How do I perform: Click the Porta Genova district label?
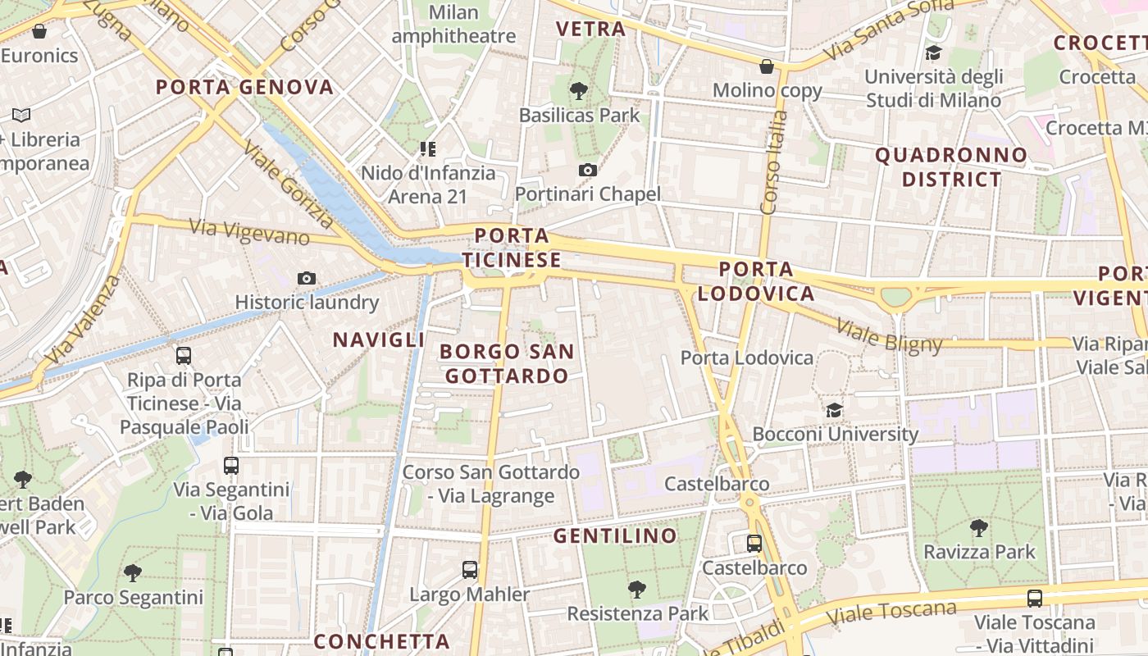(244, 87)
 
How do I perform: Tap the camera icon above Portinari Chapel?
(587, 170)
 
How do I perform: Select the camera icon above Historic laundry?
(307, 278)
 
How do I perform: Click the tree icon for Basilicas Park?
(579, 90)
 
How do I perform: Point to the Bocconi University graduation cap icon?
(834, 410)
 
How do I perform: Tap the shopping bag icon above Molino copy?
(767, 66)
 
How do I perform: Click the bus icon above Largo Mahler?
(470, 569)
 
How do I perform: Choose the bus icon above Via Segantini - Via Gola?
(231, 466)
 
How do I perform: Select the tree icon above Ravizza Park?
(978, 527)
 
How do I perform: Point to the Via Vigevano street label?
(249, 232)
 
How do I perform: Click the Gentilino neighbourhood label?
(615, 536)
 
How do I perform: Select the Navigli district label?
(378, 339)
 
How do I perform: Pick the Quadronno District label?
(951, 166)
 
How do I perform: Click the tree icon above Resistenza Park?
(636, 588)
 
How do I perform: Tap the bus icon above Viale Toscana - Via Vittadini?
(1035, 598)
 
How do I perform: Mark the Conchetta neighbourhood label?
(382, 640)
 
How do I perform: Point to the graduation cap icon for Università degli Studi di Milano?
(933, 53)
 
